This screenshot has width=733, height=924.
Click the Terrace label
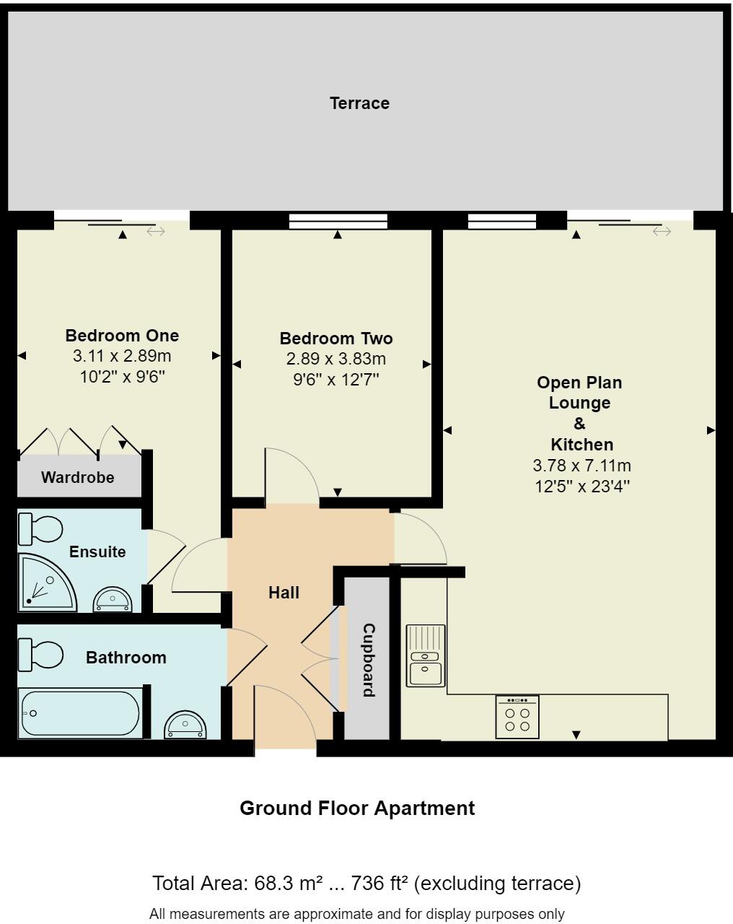point(359,103)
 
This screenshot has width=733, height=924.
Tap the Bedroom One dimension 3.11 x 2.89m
point(122,356)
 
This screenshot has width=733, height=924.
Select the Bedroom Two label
point(336,339)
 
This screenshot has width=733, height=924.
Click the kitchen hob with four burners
point(517,718)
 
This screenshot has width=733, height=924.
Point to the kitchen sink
point(426,655)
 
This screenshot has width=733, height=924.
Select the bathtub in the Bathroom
point(79,714)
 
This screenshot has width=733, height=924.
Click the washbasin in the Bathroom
point(185,725)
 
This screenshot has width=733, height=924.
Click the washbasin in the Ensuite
point(113,599)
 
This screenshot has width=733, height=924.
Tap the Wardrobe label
point(77,477)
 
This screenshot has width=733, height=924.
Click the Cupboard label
point(368,660)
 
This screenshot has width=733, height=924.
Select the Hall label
point(284,593)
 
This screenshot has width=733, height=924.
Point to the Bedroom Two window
point(338,221)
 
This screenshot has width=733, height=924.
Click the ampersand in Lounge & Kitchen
point(579,424)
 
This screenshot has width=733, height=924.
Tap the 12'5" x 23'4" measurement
point(582,487)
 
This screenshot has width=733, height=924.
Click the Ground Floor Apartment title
point(357,808)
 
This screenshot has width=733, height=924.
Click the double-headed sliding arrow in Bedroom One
point(156,232)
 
